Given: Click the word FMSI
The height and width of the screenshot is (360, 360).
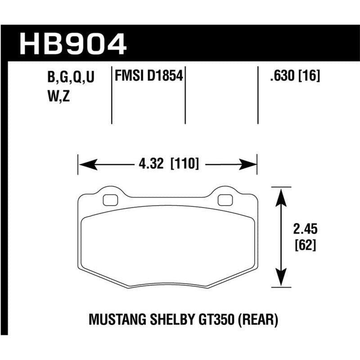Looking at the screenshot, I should click(x=129, y=77).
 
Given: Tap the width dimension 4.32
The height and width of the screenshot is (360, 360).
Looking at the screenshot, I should click(x=151, y=164).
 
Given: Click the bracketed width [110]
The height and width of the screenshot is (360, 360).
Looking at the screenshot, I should click(x=184, y=164).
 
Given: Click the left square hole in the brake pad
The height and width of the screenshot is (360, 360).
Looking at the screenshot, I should click(x=108, y=199).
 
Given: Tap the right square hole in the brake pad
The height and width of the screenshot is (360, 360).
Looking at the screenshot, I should click(x=223, y=199).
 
